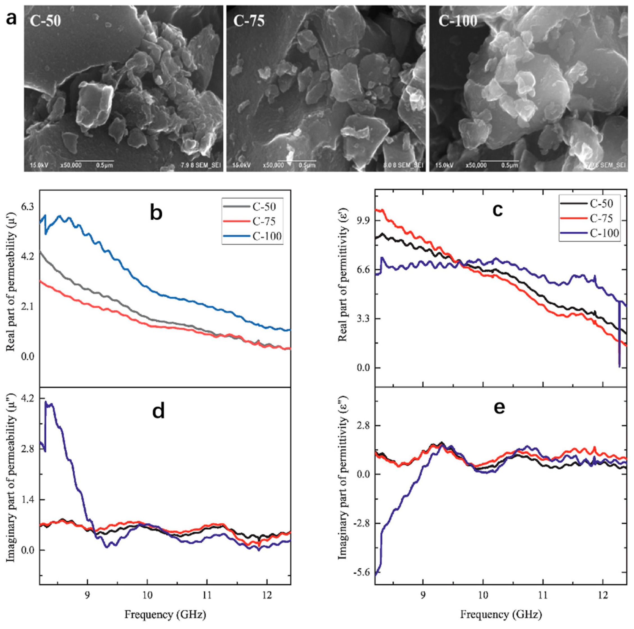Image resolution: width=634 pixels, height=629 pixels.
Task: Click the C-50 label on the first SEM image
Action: coord(45,21)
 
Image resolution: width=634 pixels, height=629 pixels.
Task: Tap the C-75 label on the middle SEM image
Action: coord(249,21)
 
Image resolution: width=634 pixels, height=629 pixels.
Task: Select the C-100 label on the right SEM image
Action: coord(458,21)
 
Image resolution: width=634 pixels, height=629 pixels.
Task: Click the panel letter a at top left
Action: coord(12,19)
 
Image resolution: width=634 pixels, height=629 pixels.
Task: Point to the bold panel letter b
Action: coord(156,213)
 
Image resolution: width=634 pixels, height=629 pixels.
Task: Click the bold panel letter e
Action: coord(499,407)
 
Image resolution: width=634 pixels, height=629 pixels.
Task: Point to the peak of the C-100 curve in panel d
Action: coord(46,402)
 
